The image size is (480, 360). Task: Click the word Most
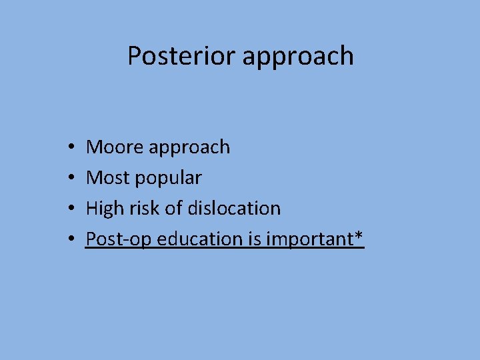click(109, 177)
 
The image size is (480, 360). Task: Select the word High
click(106, 208)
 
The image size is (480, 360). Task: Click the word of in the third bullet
click(173, 208)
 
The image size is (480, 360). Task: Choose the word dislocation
click(234, 208)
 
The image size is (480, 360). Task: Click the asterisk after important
click(359, 235)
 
